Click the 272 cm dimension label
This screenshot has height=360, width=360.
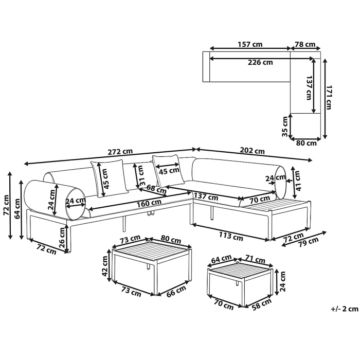[x=120, y=152]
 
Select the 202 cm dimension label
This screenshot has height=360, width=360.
[x=252, y=151]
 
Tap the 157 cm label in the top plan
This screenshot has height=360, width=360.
[x=250, y=44]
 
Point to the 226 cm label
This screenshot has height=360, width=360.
[x=260, y=62]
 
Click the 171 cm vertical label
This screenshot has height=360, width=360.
[x=329, y=97]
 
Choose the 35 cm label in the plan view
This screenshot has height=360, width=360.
[x=285, y=127]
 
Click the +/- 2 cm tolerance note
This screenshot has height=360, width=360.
[x=345, y=309]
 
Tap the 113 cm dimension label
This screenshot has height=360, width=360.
[x=231, y=236]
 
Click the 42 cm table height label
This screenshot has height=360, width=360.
[x=105, y=266]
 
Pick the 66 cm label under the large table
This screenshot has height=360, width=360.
[x=176, y=292]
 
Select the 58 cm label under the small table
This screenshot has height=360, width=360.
[x=261, y=304]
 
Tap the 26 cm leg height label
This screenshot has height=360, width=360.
[x=62, y=238]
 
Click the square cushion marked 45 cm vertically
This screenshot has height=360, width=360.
[x=109, y=179]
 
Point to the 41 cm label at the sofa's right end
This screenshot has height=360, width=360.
[x=298, y=181]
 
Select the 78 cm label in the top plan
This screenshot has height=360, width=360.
[x=305, y=44]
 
